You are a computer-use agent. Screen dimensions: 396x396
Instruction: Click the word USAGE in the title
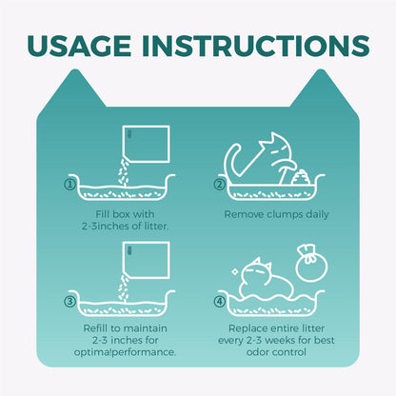79,46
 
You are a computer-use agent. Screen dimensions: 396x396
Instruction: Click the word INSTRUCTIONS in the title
256,46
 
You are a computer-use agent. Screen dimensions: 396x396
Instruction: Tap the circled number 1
69,185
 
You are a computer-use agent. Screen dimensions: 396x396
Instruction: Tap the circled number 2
219,185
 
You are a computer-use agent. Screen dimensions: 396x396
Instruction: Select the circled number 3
69,301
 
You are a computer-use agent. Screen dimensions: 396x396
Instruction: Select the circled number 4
219,301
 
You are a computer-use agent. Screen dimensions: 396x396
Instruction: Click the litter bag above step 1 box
147,145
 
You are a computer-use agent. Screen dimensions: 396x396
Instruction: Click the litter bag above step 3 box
147,261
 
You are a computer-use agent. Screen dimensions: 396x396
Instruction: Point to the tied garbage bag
311,264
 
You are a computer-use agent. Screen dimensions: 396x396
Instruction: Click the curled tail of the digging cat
232,159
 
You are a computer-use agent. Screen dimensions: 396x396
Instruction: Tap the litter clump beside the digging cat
301,177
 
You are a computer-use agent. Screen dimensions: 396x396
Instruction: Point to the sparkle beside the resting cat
235,272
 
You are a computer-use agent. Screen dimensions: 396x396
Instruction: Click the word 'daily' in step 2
317,215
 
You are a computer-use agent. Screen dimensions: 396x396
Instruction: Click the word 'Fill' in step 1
102,214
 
